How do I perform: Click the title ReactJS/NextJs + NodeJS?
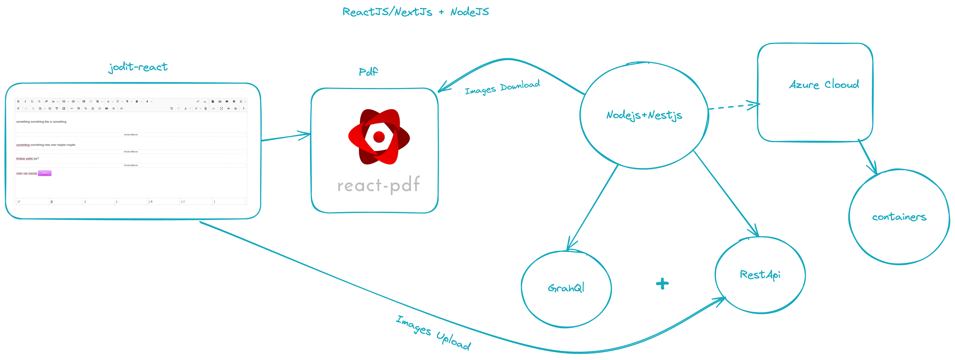(415, 12)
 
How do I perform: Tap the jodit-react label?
(138, 67)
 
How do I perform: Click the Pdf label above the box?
(368, 72)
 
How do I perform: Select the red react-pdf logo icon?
(379, 137)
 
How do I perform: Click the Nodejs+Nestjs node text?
(644, 115)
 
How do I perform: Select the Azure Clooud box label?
(824, 85)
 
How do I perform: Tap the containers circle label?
(899, 217)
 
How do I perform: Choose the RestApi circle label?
(760, 275)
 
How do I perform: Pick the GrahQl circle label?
(566, 288)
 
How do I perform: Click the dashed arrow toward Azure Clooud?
(732, 107)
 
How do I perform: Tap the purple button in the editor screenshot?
(44, 173)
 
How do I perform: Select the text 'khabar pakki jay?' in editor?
(28, 159)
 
